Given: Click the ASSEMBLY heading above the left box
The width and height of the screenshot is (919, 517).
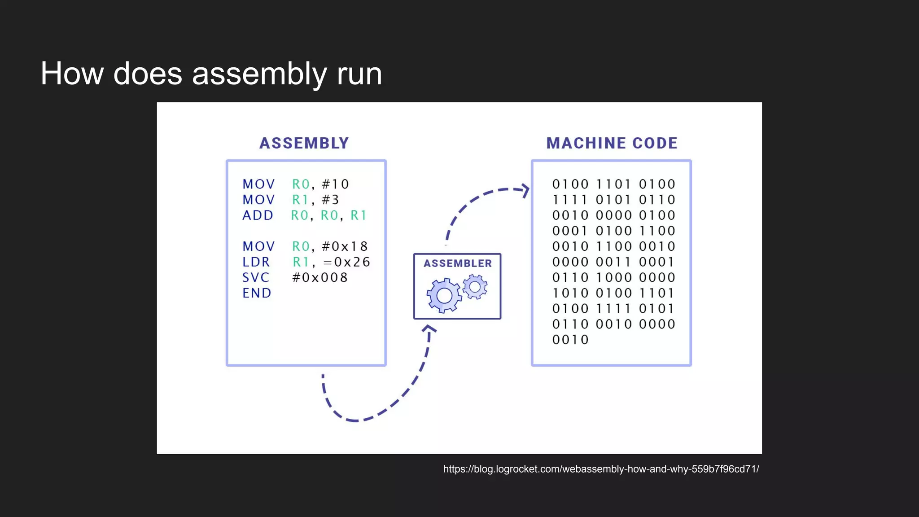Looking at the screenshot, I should (304, 143).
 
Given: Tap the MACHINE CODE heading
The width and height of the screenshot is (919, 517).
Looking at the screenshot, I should (612, 143).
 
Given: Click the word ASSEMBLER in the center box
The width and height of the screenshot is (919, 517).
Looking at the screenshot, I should (457, 263).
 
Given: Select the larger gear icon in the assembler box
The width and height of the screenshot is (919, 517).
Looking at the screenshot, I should (444, 295).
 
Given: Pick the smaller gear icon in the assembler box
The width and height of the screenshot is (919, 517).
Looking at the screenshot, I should (475, 287).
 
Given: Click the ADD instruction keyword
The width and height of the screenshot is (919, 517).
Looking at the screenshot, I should (258, 215).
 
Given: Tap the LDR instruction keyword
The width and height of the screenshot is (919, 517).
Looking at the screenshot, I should (256, 262).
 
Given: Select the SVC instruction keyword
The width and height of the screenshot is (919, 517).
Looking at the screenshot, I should (256, 277).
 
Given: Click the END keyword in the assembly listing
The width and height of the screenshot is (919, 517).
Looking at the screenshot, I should (257, 293).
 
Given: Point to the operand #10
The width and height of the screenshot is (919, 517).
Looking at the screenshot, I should (335, 184).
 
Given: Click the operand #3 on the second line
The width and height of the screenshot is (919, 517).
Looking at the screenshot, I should (330, 200).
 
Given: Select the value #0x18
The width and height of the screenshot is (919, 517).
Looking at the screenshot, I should (345, 246).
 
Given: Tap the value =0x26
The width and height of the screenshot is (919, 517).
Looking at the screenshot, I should (346, 262).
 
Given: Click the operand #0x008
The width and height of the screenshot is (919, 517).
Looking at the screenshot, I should (319, 277).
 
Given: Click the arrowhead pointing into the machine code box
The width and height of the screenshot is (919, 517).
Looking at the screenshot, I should (525, 190).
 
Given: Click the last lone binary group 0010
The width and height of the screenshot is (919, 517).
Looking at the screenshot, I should (570, 340).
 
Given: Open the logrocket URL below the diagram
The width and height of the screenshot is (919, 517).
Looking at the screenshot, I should (601, 469).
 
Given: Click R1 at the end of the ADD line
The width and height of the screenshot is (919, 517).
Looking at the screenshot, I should (358, 215).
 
